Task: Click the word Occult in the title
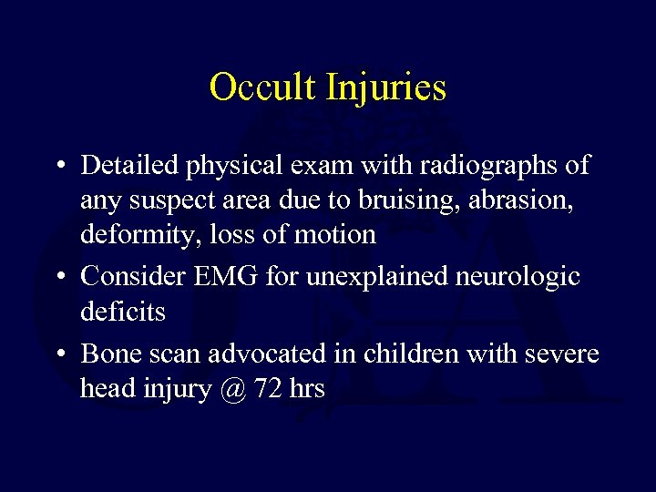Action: pos(264,87)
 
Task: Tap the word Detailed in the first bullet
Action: pos(130,166)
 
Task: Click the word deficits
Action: pos(123,312)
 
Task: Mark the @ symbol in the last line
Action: pos(233,390)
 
